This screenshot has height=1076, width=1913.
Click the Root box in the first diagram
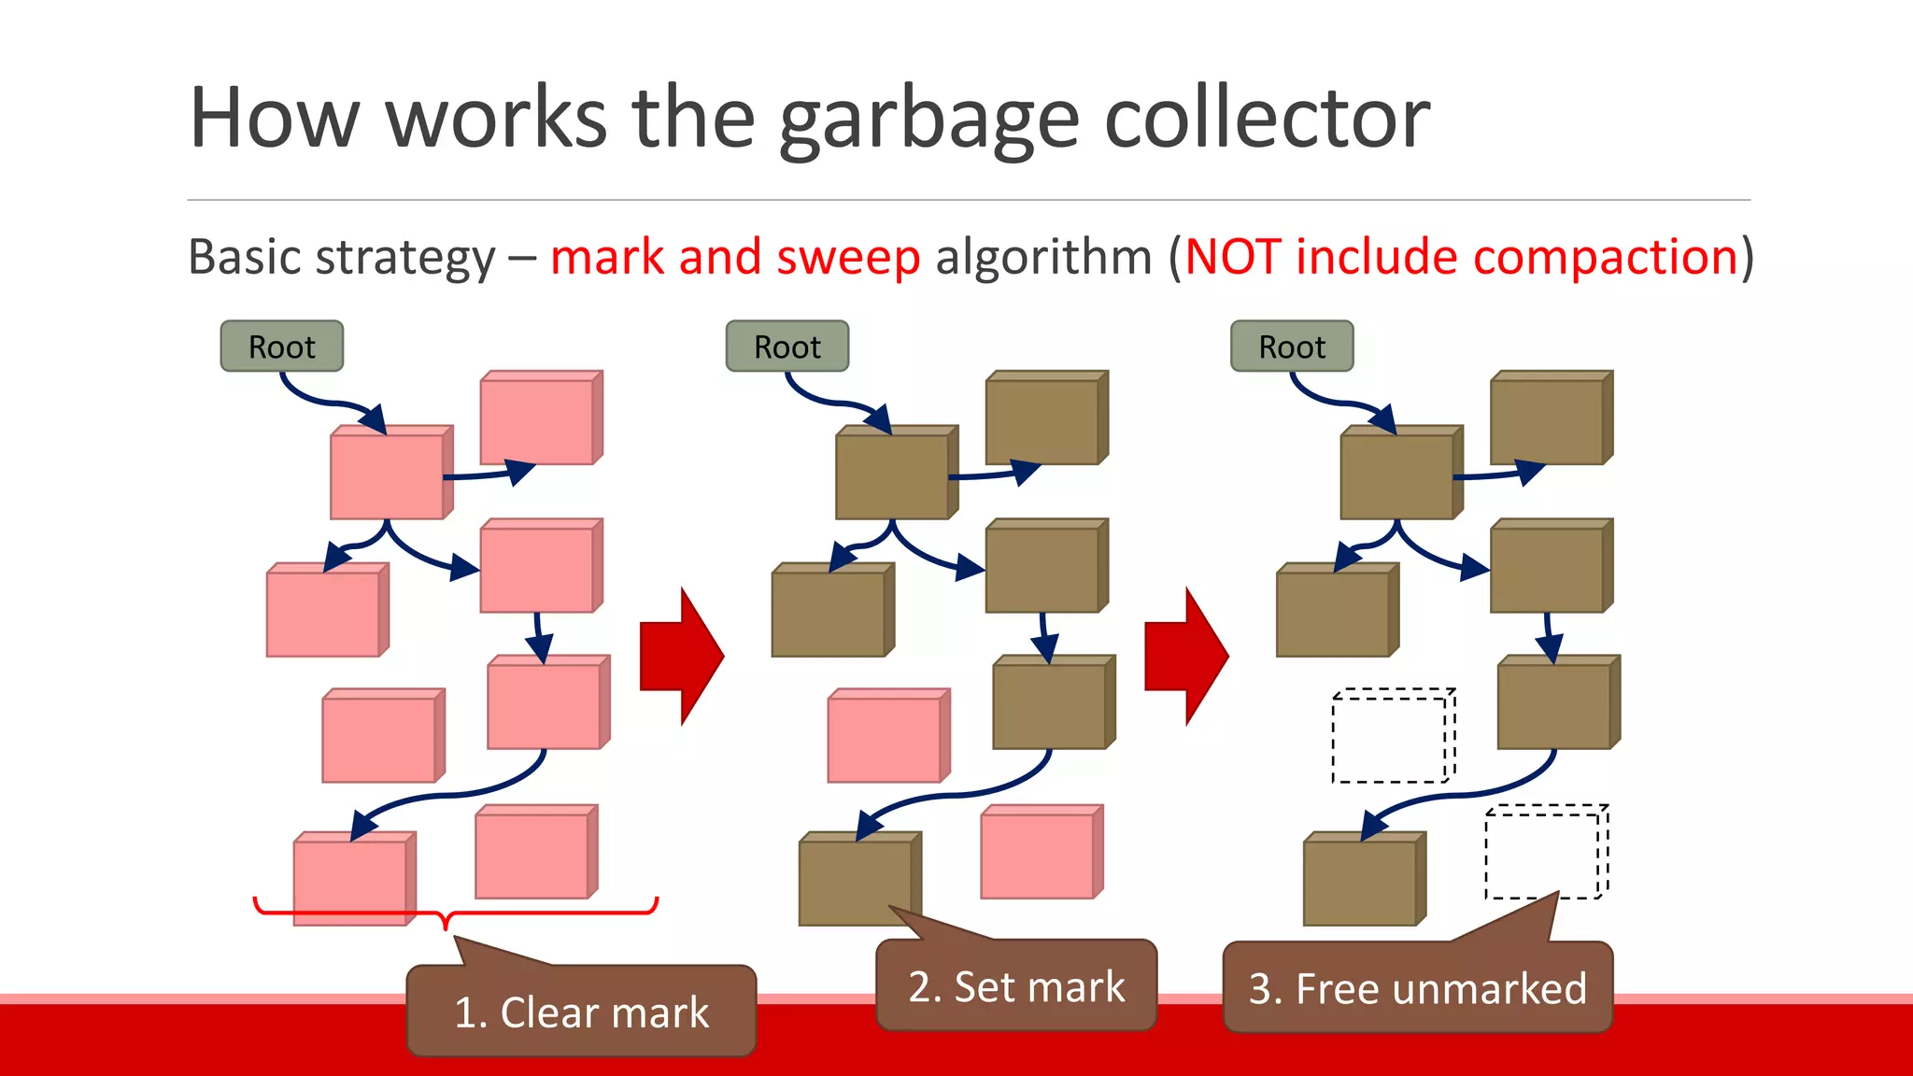click(281, 347)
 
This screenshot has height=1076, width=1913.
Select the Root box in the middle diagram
click(786, 347)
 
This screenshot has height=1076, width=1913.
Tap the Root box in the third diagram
click(1291, 347)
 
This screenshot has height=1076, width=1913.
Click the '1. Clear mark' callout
click(581, 1012)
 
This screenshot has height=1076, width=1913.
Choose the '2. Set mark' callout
click(1016, 986)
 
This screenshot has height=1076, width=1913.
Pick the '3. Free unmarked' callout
click(1417, 988)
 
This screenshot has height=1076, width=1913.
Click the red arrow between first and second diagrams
click(681, 657)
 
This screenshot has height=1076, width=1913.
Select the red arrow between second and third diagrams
click(1185, 657)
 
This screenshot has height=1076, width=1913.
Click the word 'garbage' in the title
click(928, 120)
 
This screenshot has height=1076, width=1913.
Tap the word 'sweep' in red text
click(847, 258)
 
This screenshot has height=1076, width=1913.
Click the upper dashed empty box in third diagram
click(1392, 736)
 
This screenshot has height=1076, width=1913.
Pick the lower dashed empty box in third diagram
click(1545, 852)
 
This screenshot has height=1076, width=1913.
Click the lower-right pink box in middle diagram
click(1041, 853)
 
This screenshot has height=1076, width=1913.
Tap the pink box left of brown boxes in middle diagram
click(887, 737)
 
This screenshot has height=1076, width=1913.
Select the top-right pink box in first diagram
click(540, 418)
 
